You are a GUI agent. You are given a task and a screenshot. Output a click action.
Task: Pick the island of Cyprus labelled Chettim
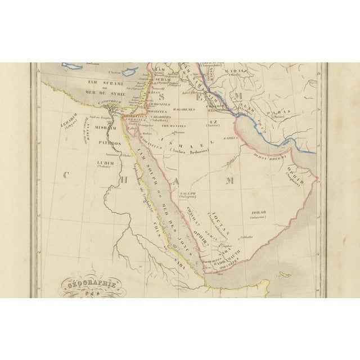pos(132,73)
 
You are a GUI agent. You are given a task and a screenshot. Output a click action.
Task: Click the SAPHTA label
pos(231,137)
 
